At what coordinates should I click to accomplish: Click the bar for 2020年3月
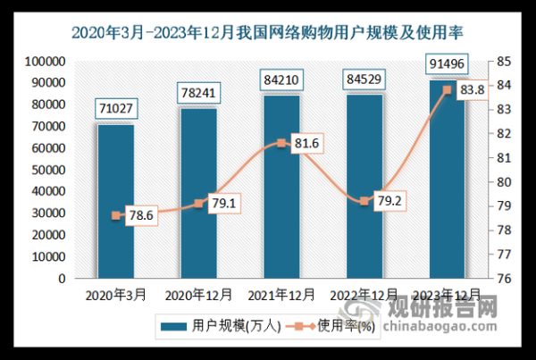click(116, 201)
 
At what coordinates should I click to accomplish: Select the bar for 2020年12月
click(198, 193)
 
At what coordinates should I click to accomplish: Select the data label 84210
click(281, 82)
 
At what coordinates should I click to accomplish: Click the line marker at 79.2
click(363, 201)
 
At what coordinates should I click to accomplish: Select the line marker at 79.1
click(198, 204)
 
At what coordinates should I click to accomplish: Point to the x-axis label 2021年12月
click(281, 293)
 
